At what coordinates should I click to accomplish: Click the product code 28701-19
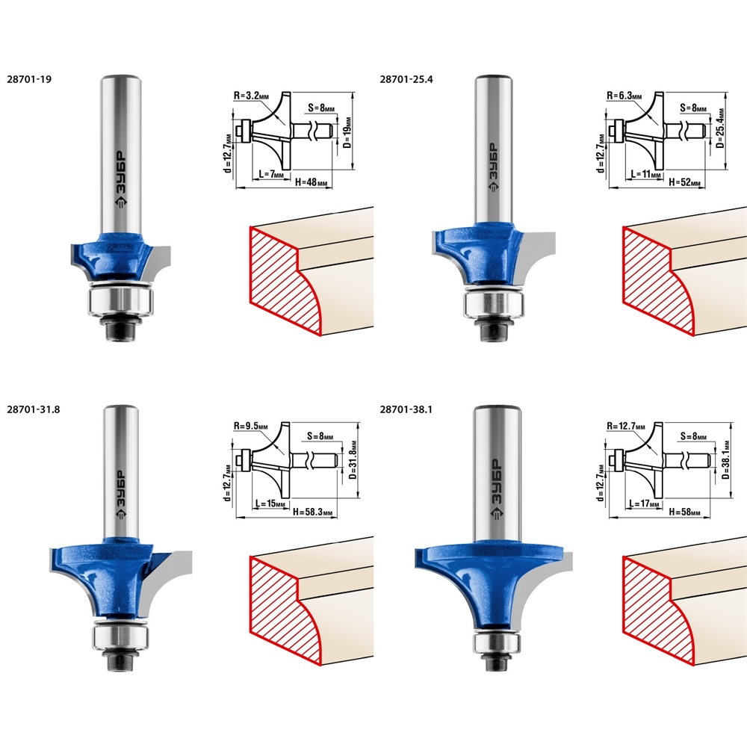click(x=29, y=80)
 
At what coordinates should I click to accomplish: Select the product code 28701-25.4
click(x=406, y=80)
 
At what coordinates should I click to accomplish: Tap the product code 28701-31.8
click(x=34, y=409)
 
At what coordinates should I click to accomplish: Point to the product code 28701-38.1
click(x=406, y=409)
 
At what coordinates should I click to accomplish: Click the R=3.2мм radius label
click(x=251, y=96)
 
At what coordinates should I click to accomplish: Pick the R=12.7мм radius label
click(x=625, y=426)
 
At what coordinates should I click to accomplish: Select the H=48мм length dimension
click(x=311, y=182)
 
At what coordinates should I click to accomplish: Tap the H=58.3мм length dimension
click(x=312, y=512)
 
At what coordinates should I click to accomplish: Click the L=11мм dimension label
click(x=646, y=174)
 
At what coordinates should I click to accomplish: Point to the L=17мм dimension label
click(x=644, y=503)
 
